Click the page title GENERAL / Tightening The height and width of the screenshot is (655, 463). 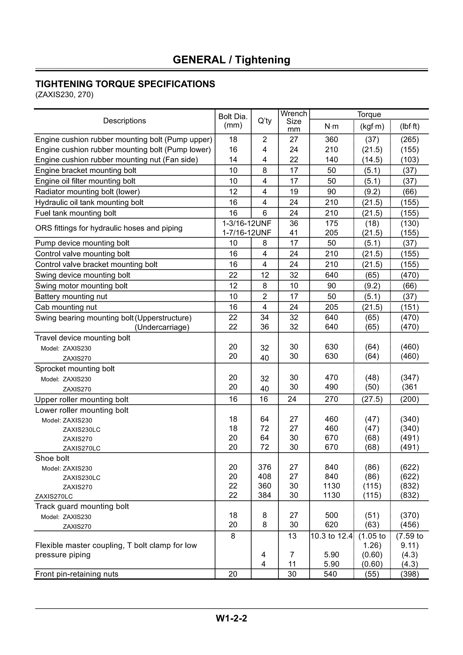[231, 60]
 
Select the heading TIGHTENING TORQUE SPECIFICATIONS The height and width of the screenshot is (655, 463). [125, 84]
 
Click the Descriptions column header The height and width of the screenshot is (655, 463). [124, 121]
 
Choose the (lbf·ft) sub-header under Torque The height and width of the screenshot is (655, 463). [409, 126]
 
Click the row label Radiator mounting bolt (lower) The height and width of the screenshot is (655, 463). [87, 192]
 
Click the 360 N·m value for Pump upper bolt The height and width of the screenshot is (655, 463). [331, 139]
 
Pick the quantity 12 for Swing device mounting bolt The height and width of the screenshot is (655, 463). [265, 275]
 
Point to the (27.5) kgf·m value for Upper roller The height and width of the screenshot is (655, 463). [372, 399]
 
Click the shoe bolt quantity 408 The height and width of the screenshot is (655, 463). [265, 476]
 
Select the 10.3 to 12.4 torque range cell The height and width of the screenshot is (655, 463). [331, 536]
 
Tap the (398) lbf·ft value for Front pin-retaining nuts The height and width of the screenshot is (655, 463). [409, 574]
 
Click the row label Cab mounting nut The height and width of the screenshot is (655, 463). [66, 307]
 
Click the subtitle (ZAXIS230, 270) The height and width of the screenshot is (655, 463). [64, 94]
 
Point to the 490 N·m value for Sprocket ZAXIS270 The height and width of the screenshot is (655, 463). [331, 387]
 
